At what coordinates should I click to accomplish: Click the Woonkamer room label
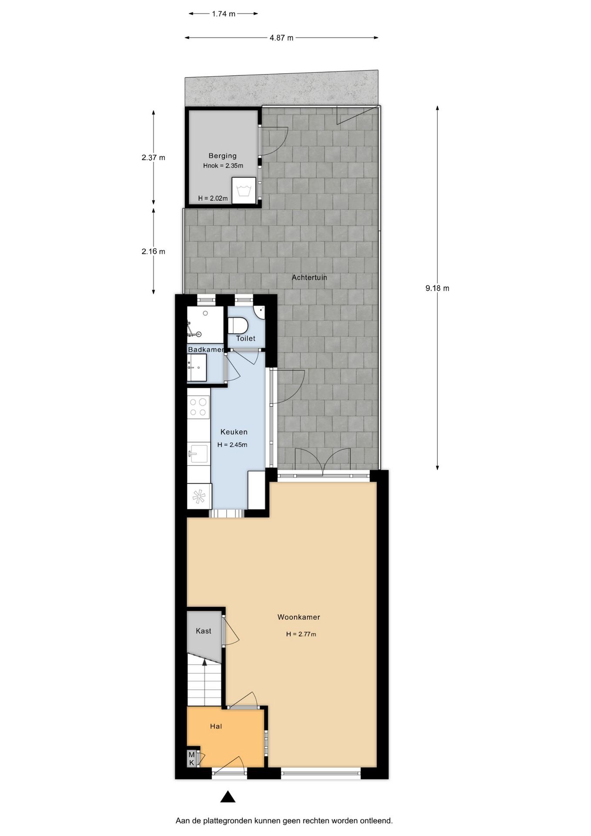299,617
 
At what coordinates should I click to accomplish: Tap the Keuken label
234,432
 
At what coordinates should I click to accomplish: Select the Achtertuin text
309,277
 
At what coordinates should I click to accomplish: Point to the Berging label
222,156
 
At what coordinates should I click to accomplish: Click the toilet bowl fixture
238,325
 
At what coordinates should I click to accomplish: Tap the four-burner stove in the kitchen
198,407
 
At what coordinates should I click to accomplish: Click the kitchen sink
198,453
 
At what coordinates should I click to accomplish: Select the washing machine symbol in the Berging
243,190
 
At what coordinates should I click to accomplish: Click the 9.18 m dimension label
437,288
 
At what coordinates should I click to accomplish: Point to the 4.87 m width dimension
282,38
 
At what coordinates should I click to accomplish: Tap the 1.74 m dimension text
224,14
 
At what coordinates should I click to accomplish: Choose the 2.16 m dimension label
153,251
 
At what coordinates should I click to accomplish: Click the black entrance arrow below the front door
228,797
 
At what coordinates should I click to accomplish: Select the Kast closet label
203,631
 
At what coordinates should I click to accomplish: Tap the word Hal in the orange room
216,726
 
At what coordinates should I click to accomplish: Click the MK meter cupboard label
191,758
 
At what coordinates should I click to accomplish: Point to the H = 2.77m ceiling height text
301,634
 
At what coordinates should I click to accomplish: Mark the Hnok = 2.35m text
223,165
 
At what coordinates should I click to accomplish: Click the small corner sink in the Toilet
260,312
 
